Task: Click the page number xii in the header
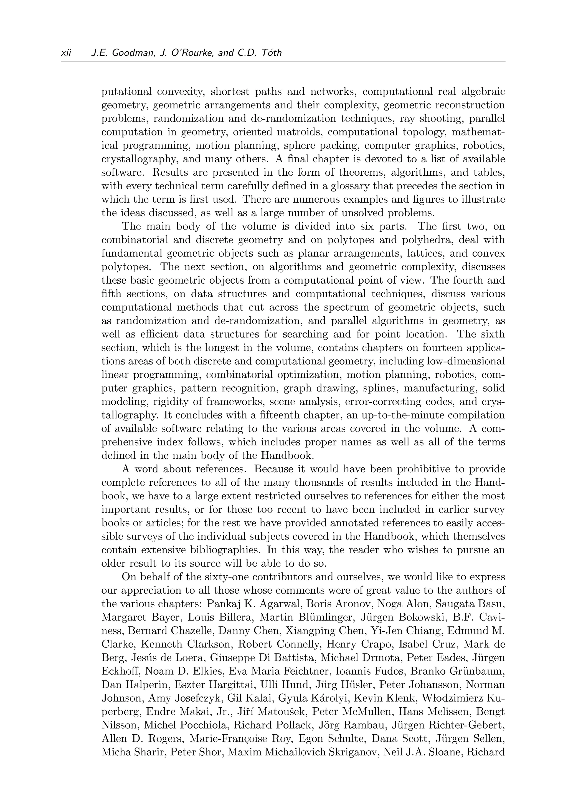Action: (x=66, y=53)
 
